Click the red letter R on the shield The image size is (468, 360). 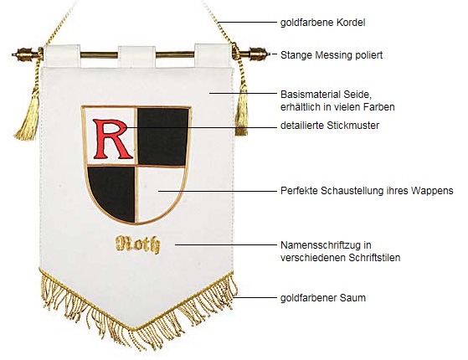112,139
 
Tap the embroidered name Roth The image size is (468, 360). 137,244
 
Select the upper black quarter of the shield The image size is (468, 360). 163,136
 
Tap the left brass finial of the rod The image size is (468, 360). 25,54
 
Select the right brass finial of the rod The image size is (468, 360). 256,54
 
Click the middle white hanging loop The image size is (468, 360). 136,57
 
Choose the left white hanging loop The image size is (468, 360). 62,56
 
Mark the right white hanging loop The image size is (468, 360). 213,55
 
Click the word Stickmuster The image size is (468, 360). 352,126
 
